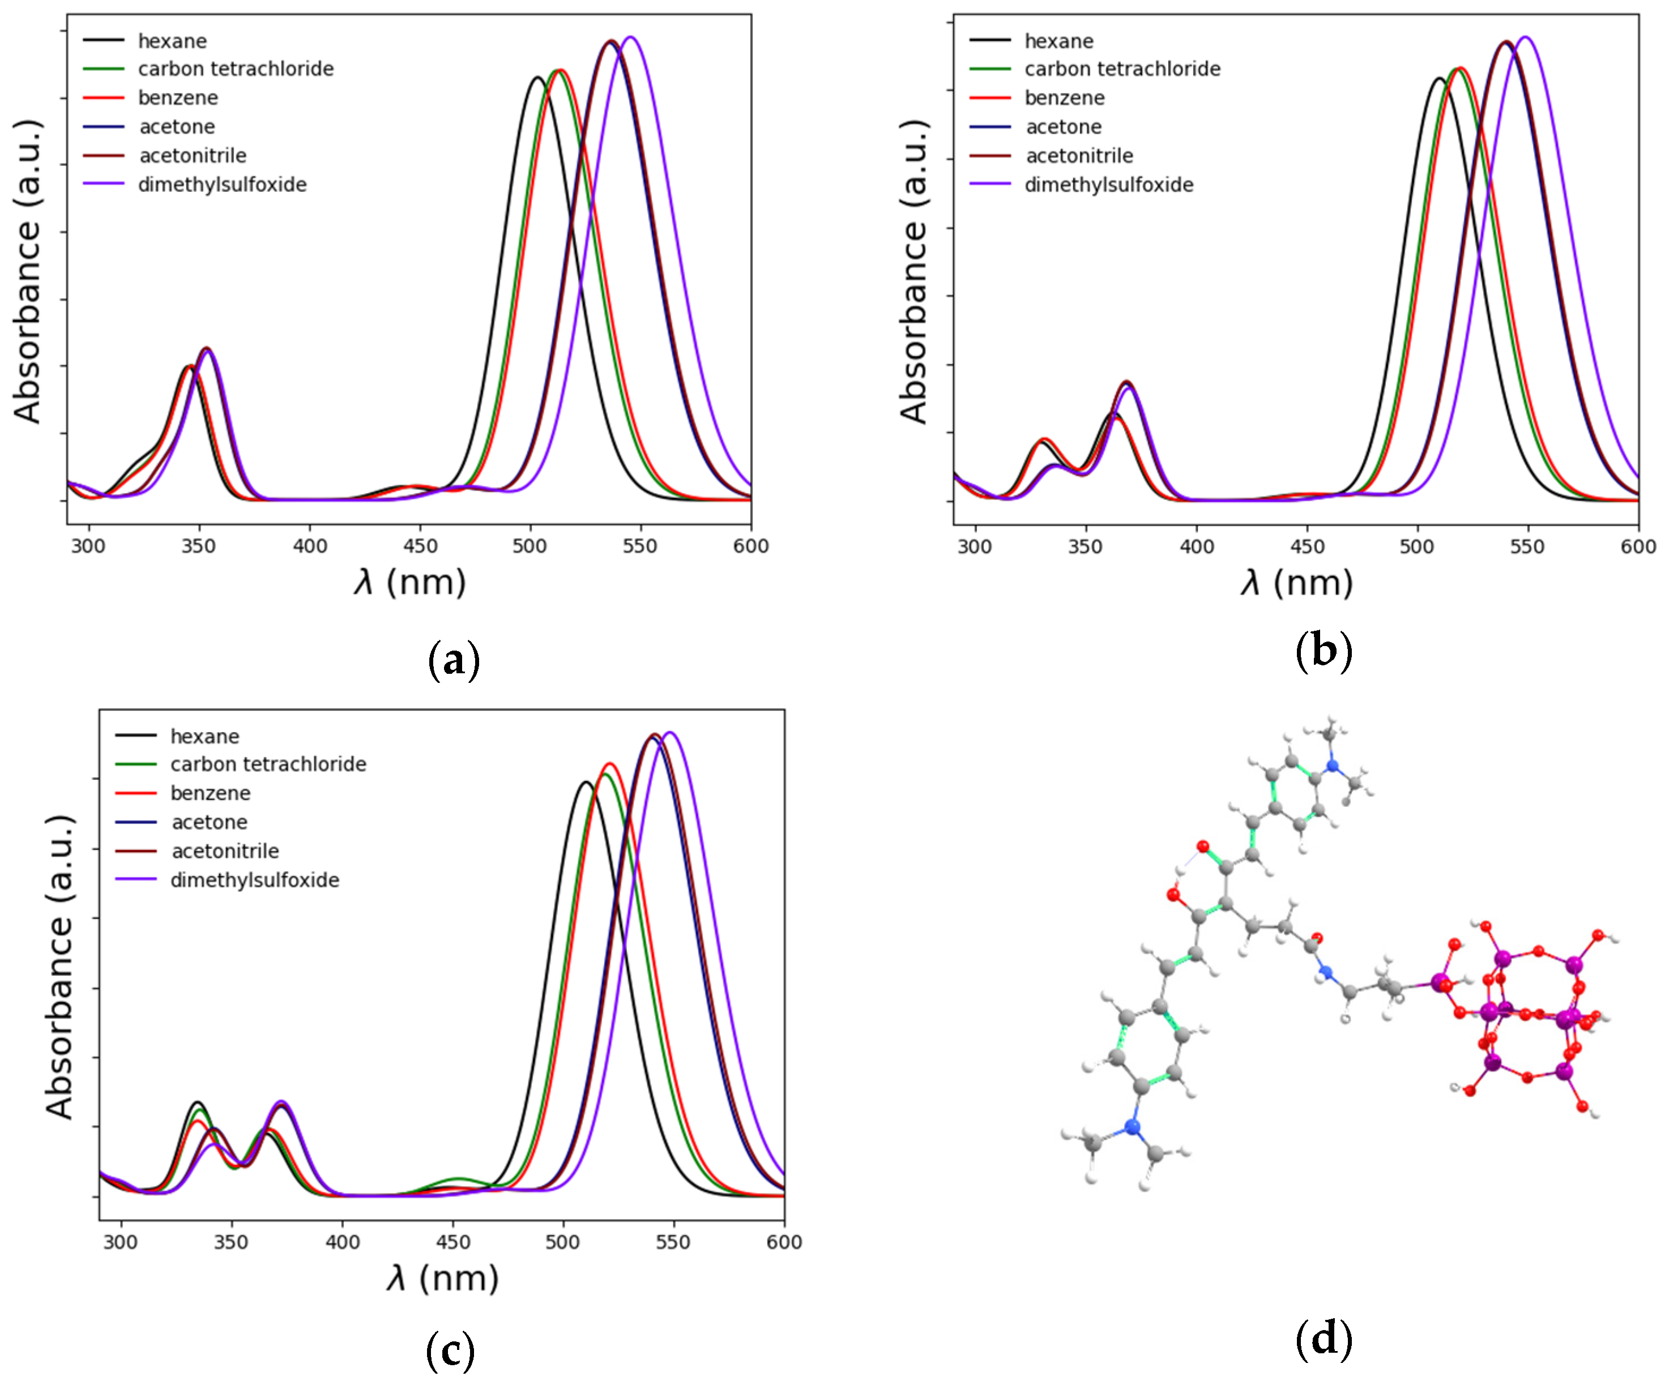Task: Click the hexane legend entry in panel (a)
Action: (172, 40)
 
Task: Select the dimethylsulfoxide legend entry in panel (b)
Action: (1108, 185)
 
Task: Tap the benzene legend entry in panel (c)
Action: (210, 793)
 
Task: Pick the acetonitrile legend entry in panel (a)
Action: (193, 155)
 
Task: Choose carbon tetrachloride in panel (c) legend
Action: (268, 764)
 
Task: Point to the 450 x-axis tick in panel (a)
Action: (420, 546)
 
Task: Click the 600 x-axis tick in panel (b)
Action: (1637, 546)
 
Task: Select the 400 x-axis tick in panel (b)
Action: (1197, 546)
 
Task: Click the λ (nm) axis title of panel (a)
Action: (410, 583)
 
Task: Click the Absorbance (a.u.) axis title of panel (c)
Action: (59, 967)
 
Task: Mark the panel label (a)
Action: (454, 660)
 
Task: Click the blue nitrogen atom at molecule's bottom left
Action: (1132, 1127)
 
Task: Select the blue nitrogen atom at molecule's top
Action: (1332, 766)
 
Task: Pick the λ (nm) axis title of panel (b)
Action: (1296, 583)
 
